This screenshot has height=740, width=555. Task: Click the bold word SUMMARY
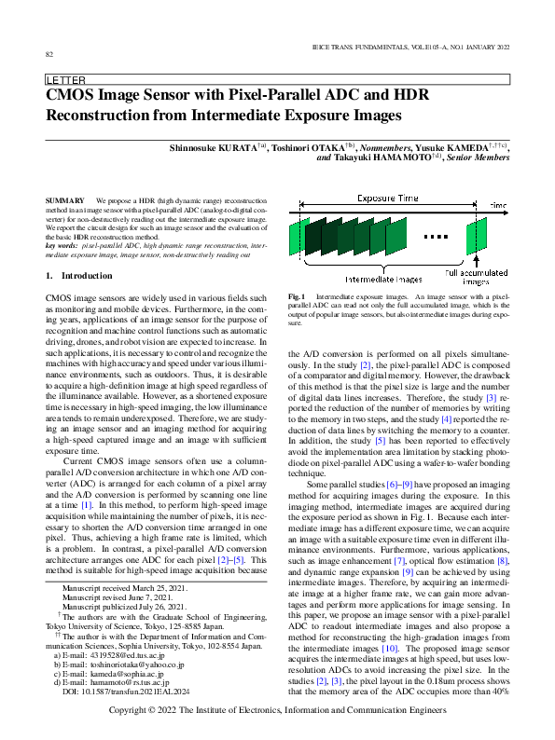(x=64, y=201)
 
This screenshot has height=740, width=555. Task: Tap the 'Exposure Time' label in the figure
(x=388, y=199)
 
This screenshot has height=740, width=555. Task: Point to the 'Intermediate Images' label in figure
(x=383, y=279)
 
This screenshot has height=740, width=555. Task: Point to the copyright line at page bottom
(x=277, y=712)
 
